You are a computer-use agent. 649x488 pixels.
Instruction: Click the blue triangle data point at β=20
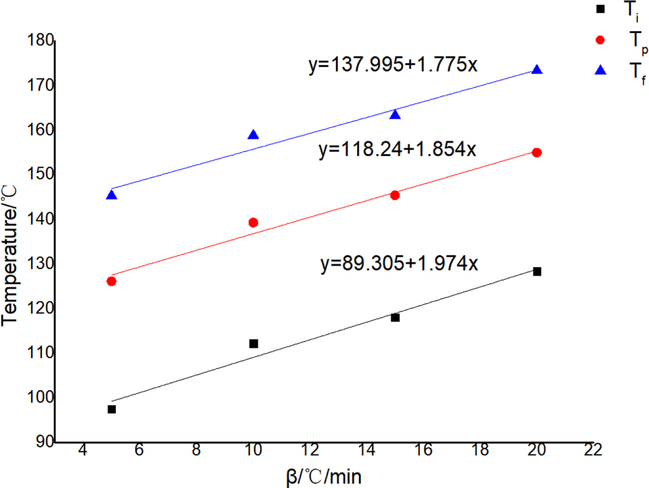click(x=536, y=70)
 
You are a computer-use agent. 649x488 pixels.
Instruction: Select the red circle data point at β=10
click(x=253, y=222)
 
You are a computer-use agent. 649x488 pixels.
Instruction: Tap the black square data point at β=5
click(x=112, y=409)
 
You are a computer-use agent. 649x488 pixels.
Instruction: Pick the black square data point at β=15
click(x=395, y=317)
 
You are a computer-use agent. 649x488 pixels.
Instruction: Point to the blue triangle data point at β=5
click(x=112, y=195)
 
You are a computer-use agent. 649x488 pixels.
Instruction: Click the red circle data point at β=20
click(x=536, y=152)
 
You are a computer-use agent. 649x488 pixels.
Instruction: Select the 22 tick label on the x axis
click(x=593, y=450)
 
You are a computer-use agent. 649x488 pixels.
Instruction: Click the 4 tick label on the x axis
click(x=83, y=450)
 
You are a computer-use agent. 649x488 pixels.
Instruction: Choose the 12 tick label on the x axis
click(x=310, y=450)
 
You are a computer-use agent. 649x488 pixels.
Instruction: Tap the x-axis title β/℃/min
click(x=324, y=475)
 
